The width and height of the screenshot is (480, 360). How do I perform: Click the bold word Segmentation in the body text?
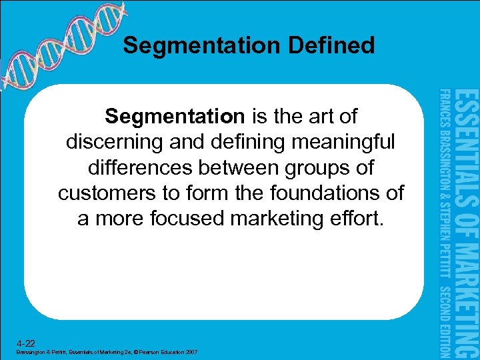click(x=175, y=117)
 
